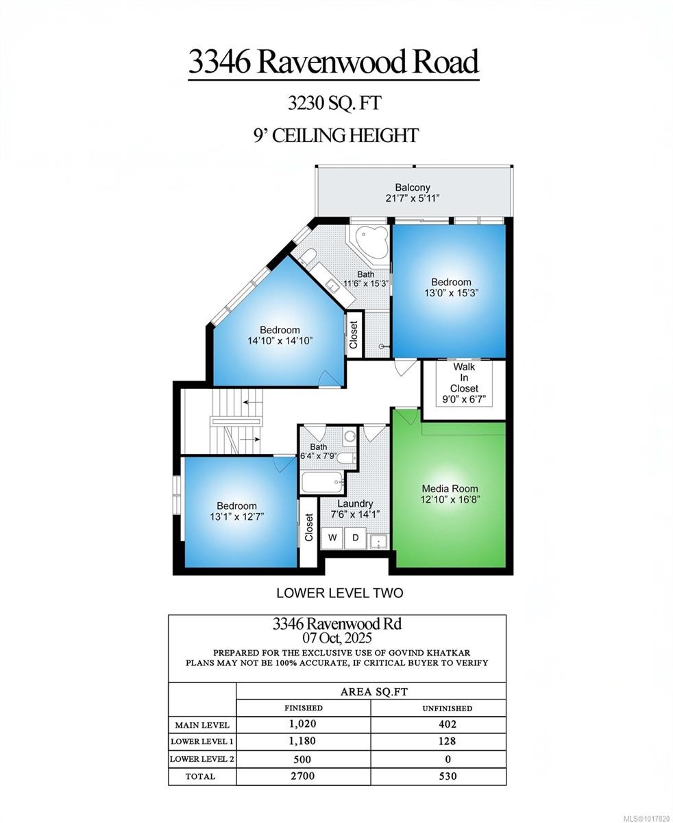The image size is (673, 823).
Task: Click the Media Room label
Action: click(450, 488)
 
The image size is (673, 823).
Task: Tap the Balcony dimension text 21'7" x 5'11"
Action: click(412, 198)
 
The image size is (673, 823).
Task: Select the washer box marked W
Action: click(332, 538)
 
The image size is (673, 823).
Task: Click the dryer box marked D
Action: click(356, 538)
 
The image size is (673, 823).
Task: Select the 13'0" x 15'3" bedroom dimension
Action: click(450, 292)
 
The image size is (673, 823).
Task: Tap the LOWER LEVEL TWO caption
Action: click(339, 593)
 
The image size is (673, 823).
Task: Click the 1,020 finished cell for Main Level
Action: click(303, 724)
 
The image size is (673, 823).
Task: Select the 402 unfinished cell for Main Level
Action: click(447, 724)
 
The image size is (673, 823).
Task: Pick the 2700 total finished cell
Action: click(303, 776)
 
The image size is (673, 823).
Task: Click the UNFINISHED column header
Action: click(447, 708)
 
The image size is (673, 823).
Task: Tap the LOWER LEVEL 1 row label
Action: click(202, 741)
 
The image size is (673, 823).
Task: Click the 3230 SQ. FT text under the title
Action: click(334, 104)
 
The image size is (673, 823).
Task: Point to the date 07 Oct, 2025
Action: click(336, 638)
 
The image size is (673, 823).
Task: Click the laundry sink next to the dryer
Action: click(378, 540)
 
